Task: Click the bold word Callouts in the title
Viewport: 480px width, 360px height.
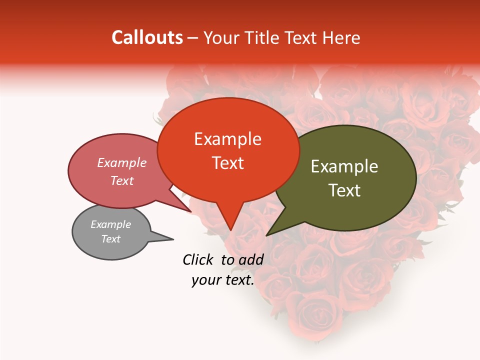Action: [x=147, y=37]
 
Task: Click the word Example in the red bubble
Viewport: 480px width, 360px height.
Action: [x=227, y=139]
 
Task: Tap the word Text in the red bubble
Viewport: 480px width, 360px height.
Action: [x=227, y=163]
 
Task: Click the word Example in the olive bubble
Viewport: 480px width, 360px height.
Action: [x=344, y=166]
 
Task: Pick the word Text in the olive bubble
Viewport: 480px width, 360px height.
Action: [x=344, y=190]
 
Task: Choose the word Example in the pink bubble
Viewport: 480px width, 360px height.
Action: [x=121, y=162]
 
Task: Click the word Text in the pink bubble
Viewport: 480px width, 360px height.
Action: [x=121, y=180]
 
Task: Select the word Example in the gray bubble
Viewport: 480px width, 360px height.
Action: [x=110, y=224]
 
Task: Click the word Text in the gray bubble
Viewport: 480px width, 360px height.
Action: [x=110, y=239]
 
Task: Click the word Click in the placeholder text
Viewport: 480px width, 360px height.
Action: [x=199, y=259]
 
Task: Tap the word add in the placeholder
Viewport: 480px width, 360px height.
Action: [x=251, y=259]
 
